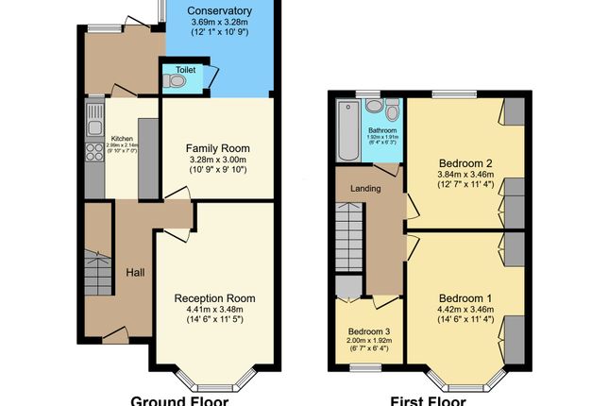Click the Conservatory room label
pyautogui.click(x=218, y=12)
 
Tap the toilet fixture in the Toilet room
pyautogui.click(x=176, y=82)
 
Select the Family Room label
pyautogui.click(x=217, y=148)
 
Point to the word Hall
pyautogui.click(x=135, y=273)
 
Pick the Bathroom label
pyautogui.click(x=382, y=130)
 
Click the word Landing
pyautogui.click(x=365, y=188)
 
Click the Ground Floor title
pyautogui.click(x=178, y=399)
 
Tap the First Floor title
pyautogui.click(x=429, y=399)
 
